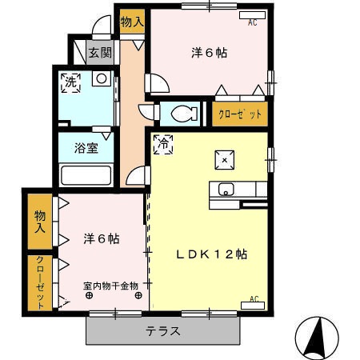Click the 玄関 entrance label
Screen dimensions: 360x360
[x=100, y=54]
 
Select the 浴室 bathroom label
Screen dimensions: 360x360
[x=87, y=148]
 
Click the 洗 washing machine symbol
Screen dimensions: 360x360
[x=71, y=82]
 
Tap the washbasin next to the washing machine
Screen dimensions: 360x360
[x=101, y=79]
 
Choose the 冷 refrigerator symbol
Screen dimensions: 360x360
[x=162, y=144]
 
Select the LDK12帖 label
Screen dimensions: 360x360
[x=212, y=254]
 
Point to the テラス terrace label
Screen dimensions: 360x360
[x=162, y=331]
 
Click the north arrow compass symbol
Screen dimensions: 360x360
[x=320, y=334]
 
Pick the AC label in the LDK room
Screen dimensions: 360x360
[x=254, y=299]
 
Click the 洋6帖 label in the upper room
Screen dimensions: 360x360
[x=209, y=54]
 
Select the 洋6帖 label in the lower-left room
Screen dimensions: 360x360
[x=102, y=238]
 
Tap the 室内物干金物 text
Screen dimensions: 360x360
[x=110, y=285]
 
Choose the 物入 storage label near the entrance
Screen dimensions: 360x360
[x=132, y=22]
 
